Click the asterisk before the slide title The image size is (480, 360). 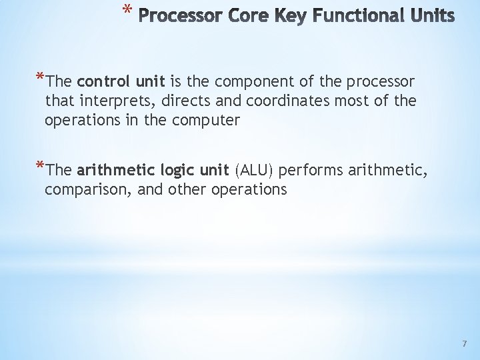[x=126, y=9]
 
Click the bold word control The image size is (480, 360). [x=103, y=82]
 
